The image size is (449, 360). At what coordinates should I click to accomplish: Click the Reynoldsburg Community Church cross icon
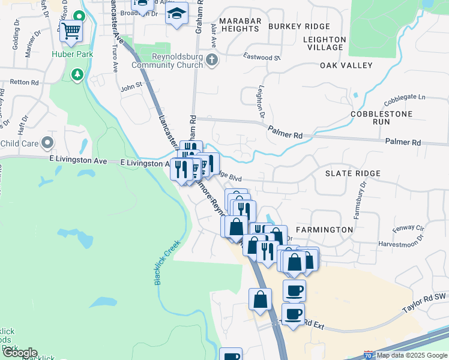(211, 60)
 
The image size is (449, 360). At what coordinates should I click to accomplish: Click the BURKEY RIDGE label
(299, 26)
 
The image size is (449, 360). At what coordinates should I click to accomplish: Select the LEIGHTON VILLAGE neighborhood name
(324, 43)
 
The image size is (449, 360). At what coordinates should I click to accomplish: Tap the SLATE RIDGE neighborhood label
(353, 173)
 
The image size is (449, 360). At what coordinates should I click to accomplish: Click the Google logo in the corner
(19, 353)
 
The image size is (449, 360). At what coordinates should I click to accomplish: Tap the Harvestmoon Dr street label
(400, 245)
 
